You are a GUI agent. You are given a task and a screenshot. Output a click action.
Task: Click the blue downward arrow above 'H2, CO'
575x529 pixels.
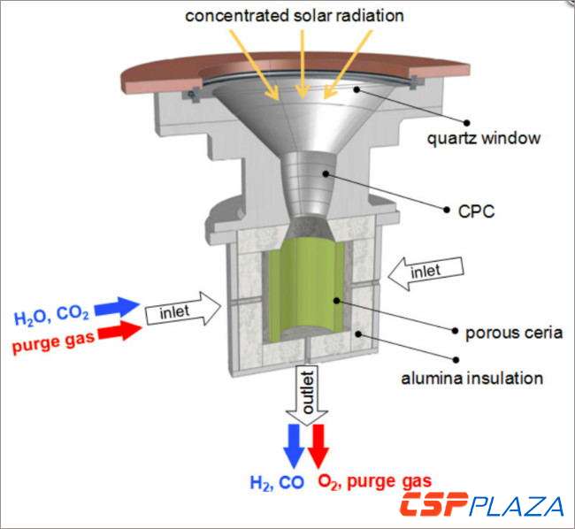tap(293, 446)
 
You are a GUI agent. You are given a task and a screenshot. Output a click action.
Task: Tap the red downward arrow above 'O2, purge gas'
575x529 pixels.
tap(318, 446)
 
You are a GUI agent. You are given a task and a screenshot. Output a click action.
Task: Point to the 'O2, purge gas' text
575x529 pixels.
tap(375, 482)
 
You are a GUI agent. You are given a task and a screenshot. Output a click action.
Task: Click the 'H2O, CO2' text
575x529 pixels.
tap(51, 318)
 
